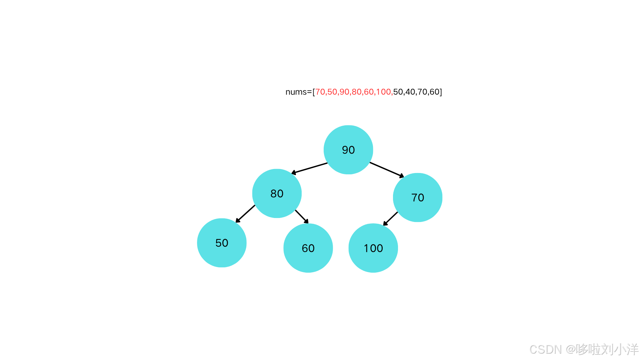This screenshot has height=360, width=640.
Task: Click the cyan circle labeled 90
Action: click(348, 150)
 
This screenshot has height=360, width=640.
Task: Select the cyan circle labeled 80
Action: click(277, 193)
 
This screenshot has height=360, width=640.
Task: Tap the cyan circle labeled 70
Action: click(418, 197)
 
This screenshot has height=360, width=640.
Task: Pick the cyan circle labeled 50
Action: click(222, 243)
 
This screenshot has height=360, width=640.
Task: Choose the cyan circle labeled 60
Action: click(308, 248)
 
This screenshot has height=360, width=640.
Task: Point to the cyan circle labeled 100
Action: click(373, 248)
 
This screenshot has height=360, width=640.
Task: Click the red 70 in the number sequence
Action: click(320, 92)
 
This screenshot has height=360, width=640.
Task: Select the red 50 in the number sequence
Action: click(332, 92)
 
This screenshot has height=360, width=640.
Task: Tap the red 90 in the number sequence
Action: click(344, 92)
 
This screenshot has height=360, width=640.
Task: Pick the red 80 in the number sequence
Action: click(357, 92)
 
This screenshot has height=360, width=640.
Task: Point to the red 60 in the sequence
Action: click(369, 92)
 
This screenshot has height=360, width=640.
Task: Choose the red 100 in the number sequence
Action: click(383, 92)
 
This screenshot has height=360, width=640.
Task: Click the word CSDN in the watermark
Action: click(545, 349)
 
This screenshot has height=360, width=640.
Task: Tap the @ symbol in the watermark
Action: click(570, 349)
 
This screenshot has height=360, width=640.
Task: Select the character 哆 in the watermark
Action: click(581, 349)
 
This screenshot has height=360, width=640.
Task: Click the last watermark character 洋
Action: click(632, 349)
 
